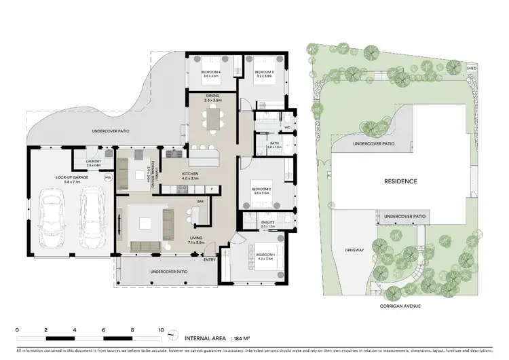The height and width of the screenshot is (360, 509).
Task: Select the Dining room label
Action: (213, 96)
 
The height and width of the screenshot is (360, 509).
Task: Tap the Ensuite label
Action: (267, 223)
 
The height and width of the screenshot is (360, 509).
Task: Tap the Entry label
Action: (210, 259)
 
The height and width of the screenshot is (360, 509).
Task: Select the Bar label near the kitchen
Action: (200, 202)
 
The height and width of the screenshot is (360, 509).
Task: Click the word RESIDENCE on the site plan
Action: (400, 181)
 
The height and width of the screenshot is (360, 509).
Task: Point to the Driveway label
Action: (354, 250)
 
